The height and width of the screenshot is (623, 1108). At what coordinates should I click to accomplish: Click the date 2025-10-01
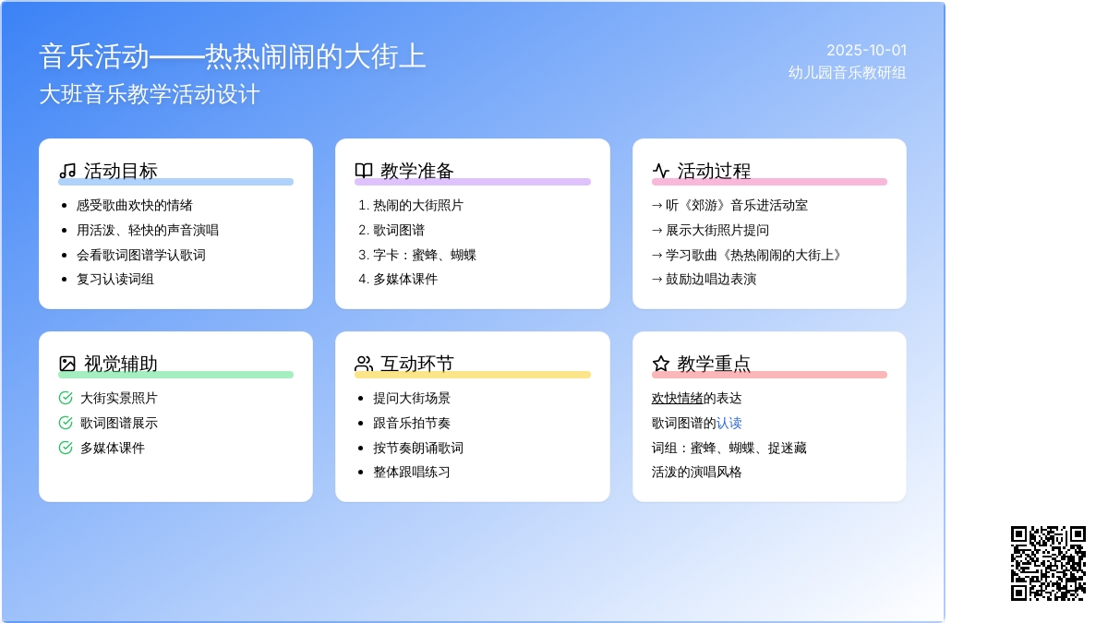pyautogui.click(x=866, y=51)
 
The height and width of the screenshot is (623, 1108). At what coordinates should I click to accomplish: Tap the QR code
pyautogui.click(x=1048, y=563)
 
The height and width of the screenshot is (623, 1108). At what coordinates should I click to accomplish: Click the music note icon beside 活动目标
pyautogui.click(x=67, y=171)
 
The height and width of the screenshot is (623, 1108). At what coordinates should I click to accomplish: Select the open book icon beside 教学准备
pyautogui.click(x=364, y=171)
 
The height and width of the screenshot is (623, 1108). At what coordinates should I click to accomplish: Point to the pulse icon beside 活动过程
pyautogui.click(x=661, y=171)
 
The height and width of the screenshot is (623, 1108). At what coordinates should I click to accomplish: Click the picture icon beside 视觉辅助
pyautogui.click(x=67, y=364)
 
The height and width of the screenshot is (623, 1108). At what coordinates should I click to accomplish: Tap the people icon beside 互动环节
pyautogui.click(x=364, y=364)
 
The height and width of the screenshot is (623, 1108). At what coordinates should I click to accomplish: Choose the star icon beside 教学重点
pyautogui.click(x=661, y=364)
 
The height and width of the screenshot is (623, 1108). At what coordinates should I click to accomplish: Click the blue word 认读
pyautogui.click(x=729, y=424)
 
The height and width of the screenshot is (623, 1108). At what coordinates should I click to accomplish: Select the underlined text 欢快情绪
pyautogui.click(x=677, y=399)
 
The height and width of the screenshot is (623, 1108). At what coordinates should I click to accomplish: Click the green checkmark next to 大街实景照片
pyautogui.click(x=66, y=398)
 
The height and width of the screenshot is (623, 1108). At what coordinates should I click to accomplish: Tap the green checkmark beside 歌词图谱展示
pyautogui.click(x=66, y=423)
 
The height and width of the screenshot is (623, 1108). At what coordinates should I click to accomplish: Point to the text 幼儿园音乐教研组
pyautogui.click(x=847, y=73)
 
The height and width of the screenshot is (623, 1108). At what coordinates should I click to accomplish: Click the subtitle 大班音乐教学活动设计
pyautogui.click(x=150, y=94)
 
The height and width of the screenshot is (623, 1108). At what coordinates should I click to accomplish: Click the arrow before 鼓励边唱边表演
pyautogui.click(x=656, y=280)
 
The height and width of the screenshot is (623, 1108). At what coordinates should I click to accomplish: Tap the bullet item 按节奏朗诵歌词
pyautogui.click(x=418, y=448)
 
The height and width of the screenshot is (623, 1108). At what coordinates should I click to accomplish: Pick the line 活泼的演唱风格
pyautogui.click(x=696, y=473)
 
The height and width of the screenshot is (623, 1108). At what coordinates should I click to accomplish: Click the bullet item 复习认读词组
pyautogui.click(x=114, y=280)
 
